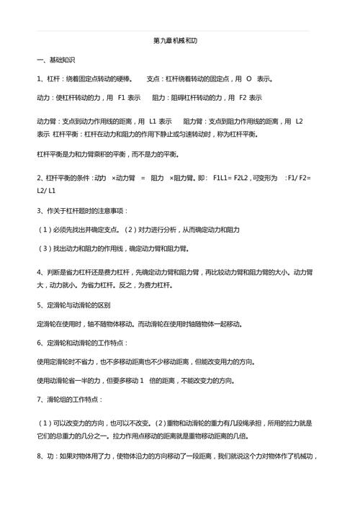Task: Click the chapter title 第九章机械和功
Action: (181, 41)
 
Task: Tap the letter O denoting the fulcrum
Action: (248, 78)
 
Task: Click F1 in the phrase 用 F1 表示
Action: (122, 97)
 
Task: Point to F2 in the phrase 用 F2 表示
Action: (243, 97)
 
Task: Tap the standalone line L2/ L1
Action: (48, 191)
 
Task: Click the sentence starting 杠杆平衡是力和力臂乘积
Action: (108, 153)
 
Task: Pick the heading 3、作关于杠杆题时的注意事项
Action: (82, 211)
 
